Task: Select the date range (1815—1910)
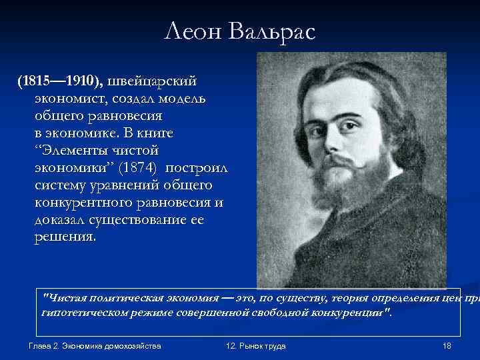tap(61, 81)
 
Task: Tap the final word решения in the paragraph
tap(63, 238)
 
